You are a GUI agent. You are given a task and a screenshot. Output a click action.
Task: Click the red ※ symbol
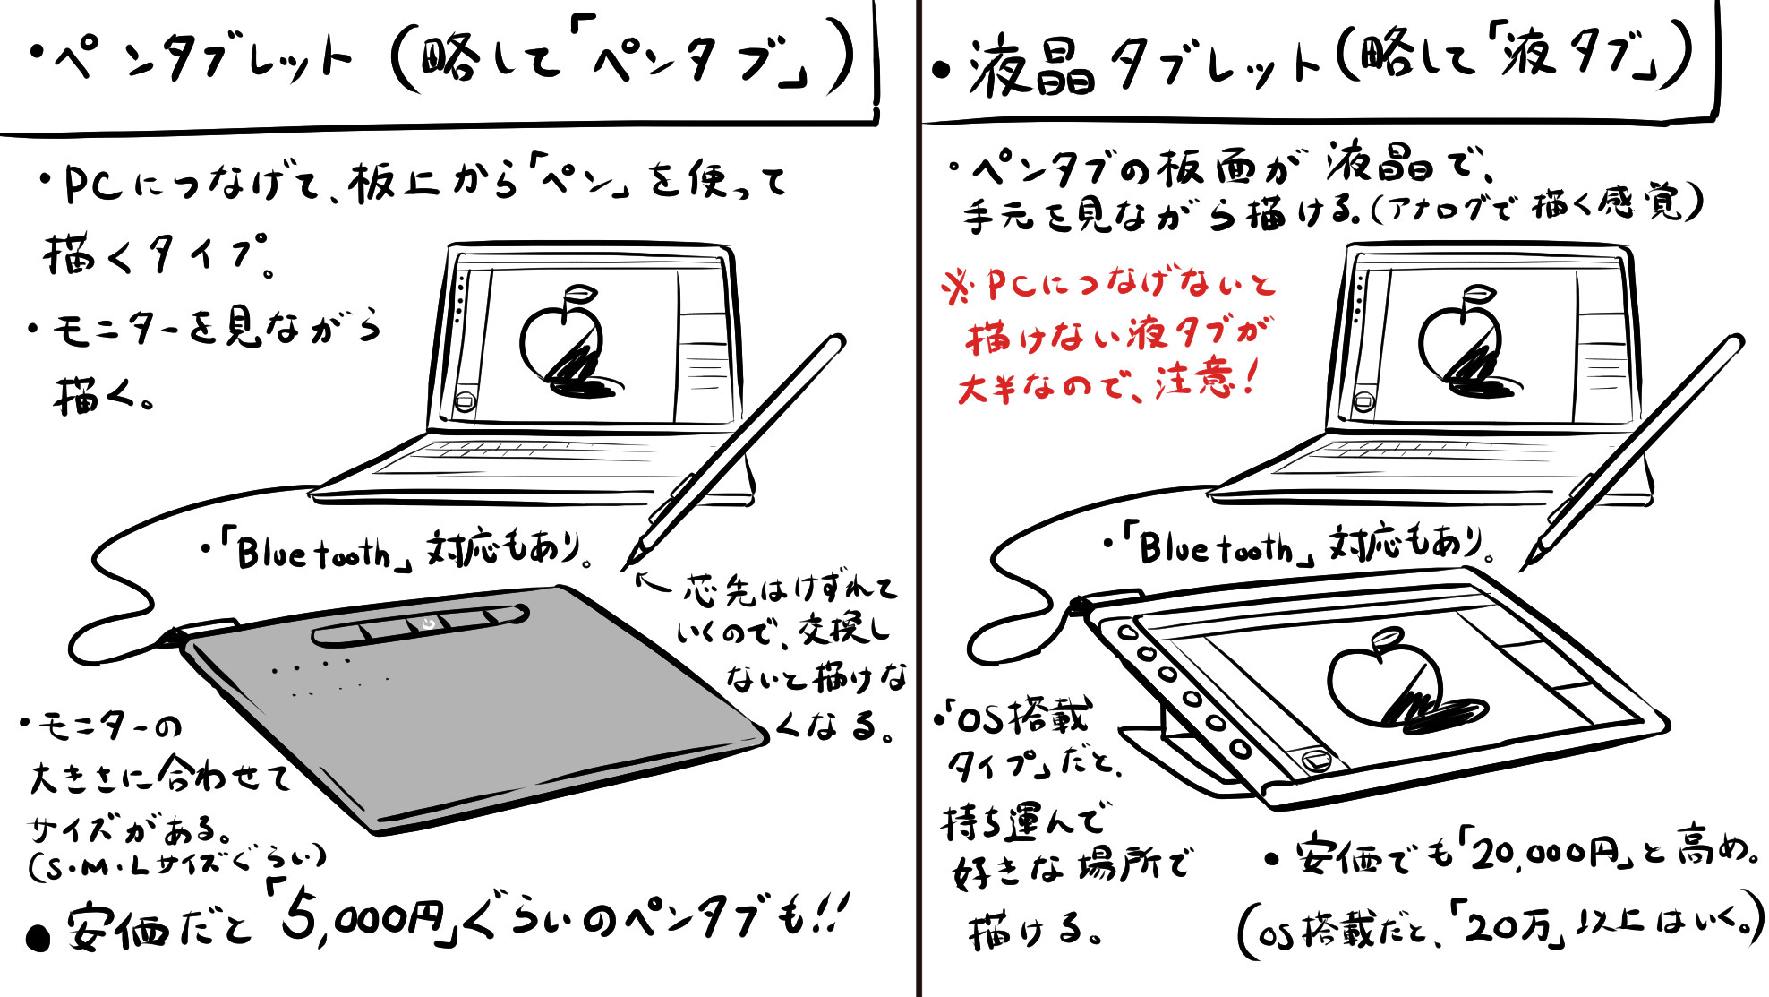pyautogui.click(x=958, y=288)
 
